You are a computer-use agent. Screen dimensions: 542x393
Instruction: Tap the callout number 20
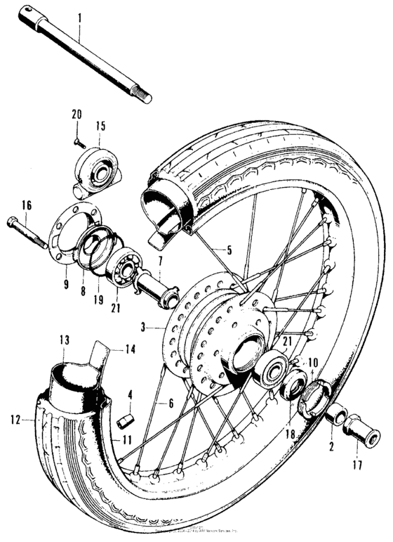click(x=76, y=115)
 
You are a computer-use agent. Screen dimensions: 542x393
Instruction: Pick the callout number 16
click(x=26, y=206)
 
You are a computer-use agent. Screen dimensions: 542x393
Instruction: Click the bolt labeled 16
click(x=28, y=233)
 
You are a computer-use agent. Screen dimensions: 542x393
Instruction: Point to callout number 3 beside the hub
click(x=144, y=328)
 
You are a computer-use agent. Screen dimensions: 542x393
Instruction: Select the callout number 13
click(x=65, y=340)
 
